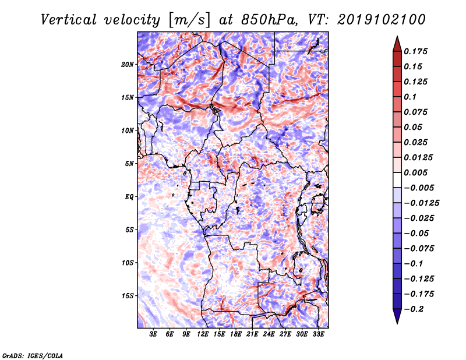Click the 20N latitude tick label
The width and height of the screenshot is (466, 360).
(x=128, y=65)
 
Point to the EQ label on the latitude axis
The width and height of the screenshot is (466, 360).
(x=129, y=197)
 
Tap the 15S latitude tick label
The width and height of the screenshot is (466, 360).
(x=128, y=296)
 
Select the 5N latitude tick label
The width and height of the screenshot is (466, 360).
(x=129, y=164)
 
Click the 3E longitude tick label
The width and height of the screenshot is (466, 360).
(x=153, y=334)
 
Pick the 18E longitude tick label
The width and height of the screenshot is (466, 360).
(x=236, y=334)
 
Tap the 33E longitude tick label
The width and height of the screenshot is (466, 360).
(x=318, y=334)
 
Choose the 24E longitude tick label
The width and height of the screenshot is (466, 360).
(x=269, y=334)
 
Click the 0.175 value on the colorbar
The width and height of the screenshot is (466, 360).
(x=415, y=51)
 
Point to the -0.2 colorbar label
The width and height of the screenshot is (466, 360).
(x=414, y=309)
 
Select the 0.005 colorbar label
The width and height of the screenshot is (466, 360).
(x=415, y=172)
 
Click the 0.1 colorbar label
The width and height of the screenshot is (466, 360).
(x=410, y=97)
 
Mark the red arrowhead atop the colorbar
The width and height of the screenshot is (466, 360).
(x=397, y=44)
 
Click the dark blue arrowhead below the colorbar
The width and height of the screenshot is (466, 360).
(x=397, y=316)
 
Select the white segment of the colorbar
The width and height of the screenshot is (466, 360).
(x=397, y=180)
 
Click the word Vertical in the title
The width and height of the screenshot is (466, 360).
(x=69, y=20)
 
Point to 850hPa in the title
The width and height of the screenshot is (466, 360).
(x=269, y=20)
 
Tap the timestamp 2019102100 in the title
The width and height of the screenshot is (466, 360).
(x=382, y=20)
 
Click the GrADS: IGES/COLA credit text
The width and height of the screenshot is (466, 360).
(x=33, y=356)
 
